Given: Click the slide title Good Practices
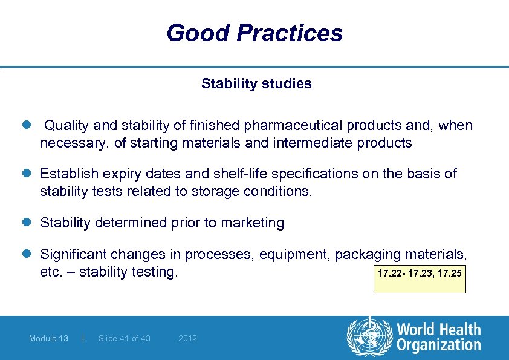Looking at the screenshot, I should (x=254, y=33).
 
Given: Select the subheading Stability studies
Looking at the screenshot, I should (x=256, y=83).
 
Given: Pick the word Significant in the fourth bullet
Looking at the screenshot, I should (x=73, y=254).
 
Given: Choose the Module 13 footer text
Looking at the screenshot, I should (x=48, y=338).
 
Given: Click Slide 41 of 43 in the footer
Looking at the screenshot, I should (x=124, y=338).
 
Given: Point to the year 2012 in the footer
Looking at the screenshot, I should (x=187, y=338).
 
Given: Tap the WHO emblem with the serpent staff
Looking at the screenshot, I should (x=369, y=337).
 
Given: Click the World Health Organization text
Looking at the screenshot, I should (x=438, y=337).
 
